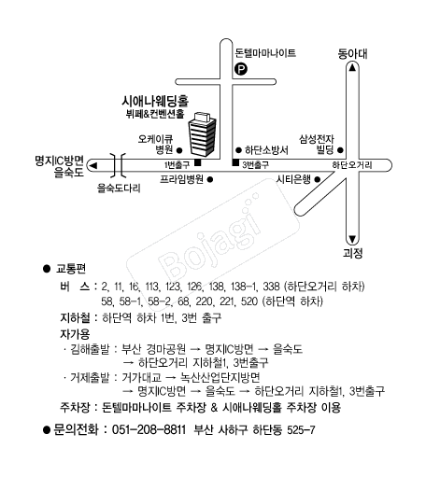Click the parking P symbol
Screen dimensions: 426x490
point(240,69)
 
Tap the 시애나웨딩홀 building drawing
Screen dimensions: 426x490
point(202,134)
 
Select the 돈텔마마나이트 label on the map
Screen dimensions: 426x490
point(265,53)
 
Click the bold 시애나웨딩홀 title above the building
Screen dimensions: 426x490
point(155,101)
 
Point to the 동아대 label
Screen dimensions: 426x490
point(352,54)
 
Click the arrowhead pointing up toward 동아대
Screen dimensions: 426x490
point(352,67)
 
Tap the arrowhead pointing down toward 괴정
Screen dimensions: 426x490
point(352,240)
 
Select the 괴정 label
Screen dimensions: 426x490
point(353,253)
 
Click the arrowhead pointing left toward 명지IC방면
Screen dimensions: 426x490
point(93,165)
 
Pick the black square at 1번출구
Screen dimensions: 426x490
point(198,162)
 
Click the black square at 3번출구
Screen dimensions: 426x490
point(235,162)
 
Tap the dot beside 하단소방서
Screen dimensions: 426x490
point(238,150)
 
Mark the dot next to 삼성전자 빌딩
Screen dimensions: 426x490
point(341,150)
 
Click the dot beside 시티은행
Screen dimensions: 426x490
point(318,179)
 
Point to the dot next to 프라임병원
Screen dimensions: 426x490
point(210,179)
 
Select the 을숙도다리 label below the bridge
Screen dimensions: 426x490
point(119,189)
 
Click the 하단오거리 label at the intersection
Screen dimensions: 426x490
point(352,165)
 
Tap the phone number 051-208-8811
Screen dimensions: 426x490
point(149,429)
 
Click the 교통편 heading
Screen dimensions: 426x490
point(71,269)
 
